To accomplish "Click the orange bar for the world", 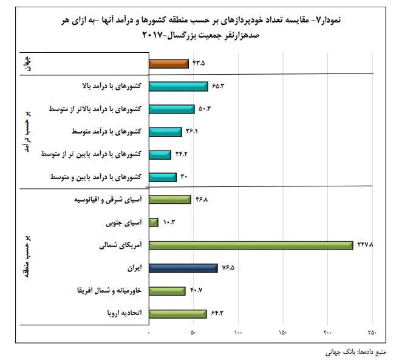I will click(x=168, y=63).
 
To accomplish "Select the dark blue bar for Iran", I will click(x=183, y=268).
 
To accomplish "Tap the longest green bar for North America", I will click(x=251, y=245).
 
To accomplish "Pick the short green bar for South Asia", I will click(x=153, y=222).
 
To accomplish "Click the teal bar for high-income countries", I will click(x=178, y=86).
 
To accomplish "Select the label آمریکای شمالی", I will click(x=122, y=245).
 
